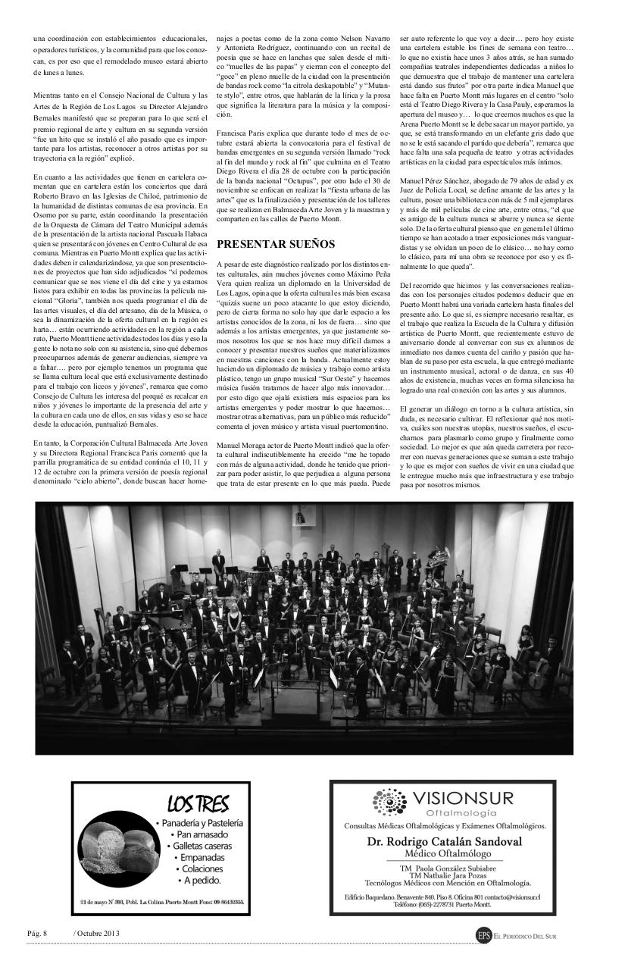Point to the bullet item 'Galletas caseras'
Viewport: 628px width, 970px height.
201,846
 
